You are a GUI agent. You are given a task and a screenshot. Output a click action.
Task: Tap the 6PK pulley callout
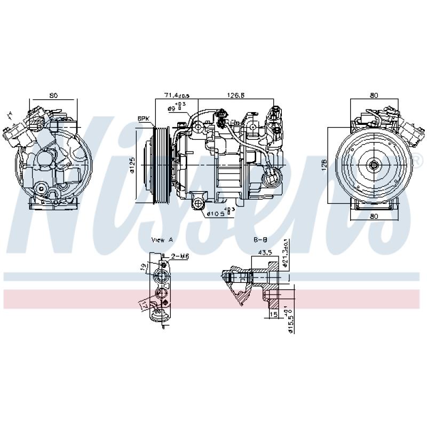point(143,118)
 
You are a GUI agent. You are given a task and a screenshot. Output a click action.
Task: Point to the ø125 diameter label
point(132,165)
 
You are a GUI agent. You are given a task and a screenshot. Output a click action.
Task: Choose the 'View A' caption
point(162,240)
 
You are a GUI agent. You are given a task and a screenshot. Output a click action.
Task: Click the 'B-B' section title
point(260,240)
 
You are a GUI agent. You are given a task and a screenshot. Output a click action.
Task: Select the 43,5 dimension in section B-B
point(265,251)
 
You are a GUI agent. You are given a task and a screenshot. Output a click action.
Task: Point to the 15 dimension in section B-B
point(273,315)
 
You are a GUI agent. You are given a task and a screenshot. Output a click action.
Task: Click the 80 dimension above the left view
point(53,96)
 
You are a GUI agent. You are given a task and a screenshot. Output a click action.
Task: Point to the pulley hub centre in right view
point(373,165)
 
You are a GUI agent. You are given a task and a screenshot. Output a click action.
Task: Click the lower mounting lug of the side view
point(198,203)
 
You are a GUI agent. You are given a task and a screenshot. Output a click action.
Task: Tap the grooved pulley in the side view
point(160,165)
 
